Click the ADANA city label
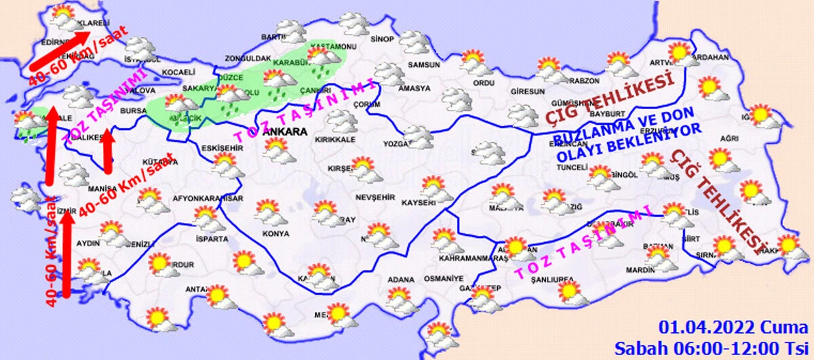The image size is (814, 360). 400,278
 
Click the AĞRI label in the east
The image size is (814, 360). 729,138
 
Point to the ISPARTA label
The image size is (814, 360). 207,239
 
